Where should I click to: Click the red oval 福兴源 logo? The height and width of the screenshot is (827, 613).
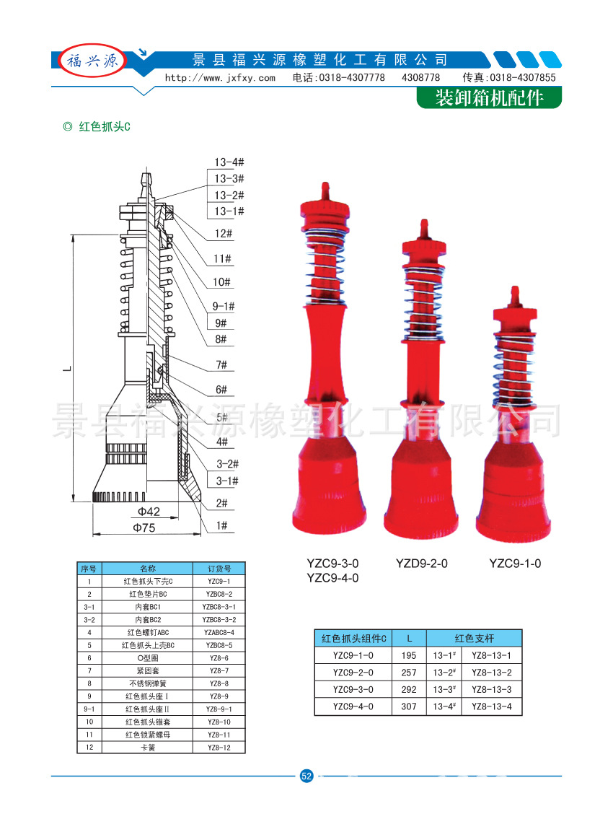(x=93, y=61)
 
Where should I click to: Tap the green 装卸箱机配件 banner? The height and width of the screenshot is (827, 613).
(x=489, y=98)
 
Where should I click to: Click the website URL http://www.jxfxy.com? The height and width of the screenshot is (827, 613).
(x=220, y=78)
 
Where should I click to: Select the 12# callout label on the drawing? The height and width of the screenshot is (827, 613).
(x=224, y=234)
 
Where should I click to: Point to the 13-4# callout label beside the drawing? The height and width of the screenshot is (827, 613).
(x=229, y=162)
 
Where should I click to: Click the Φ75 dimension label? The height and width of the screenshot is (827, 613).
(x=144, y=528)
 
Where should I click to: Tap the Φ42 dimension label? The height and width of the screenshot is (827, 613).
(x=149, y=512)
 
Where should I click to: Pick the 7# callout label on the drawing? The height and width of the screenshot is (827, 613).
(x=221, y=365)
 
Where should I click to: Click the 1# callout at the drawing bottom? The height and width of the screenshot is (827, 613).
(x=221, y=526)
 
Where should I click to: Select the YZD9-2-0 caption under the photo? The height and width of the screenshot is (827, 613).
(x=422, y=564)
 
